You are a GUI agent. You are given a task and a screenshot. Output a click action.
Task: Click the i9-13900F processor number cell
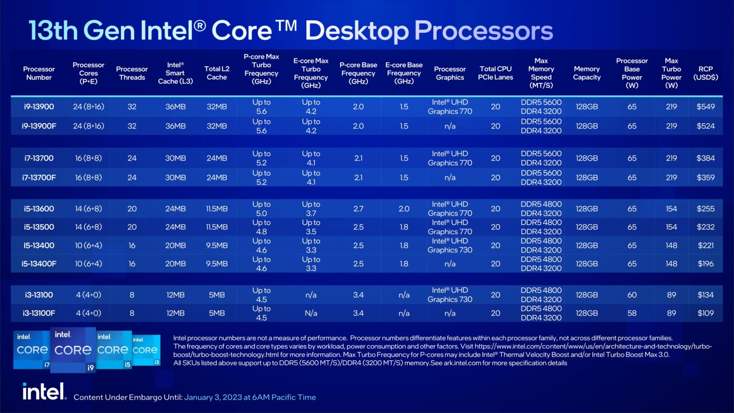click(x=39, y=126)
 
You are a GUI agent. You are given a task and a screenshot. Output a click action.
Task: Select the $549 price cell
click(x=705, y=106)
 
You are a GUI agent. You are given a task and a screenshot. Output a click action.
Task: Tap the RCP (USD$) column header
click(x=705, y=73)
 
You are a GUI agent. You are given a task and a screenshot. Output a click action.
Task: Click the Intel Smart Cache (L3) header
click(x=175, y=73)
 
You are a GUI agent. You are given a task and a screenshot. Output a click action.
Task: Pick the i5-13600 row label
click(x=39, y=209)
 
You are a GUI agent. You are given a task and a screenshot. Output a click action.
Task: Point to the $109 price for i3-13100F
click(x=705, y=313)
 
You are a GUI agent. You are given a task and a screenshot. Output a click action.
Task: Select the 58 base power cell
click(x=632, y=313)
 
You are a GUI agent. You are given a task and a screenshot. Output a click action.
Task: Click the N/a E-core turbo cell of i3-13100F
click(x=311, y=313)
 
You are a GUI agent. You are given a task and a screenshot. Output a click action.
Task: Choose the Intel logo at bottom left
click(x=44, y=392)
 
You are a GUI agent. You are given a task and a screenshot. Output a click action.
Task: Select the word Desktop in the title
click(x=357, y=31)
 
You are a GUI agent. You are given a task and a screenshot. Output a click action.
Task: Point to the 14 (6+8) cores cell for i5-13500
click(x=89, y=227)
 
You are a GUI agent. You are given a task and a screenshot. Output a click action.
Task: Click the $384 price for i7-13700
click(x=705, y=158)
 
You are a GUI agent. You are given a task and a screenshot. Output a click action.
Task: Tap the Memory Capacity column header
click(x=587, y=73)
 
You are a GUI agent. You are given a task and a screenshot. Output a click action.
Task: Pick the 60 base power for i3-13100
click(x=632, y=295)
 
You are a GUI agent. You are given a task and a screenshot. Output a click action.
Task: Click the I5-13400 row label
click(x=39, y=246)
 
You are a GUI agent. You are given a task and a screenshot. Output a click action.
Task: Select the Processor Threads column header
click(x=132, y=73)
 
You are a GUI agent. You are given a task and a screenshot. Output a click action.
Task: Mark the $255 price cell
click(x=705, y=209)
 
